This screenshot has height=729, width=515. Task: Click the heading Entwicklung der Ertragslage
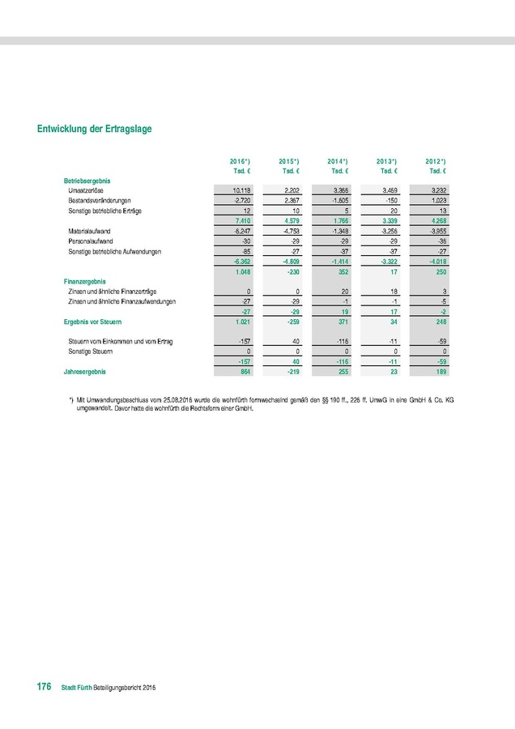coord(95,129)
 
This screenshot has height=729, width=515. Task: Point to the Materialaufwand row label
coord(90,231)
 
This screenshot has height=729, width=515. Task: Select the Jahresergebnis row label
coord(85,372)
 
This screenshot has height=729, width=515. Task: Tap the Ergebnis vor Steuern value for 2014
coord(340,322)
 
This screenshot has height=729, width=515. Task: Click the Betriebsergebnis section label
coord(87,180)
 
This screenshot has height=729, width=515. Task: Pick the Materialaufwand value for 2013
coord(388,231)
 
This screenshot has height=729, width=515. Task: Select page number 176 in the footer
coord(43,687)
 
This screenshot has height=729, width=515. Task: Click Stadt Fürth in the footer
coord(79,688)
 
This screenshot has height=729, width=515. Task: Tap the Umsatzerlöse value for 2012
coord(437,190)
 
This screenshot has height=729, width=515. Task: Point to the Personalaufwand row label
coord(92,241)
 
